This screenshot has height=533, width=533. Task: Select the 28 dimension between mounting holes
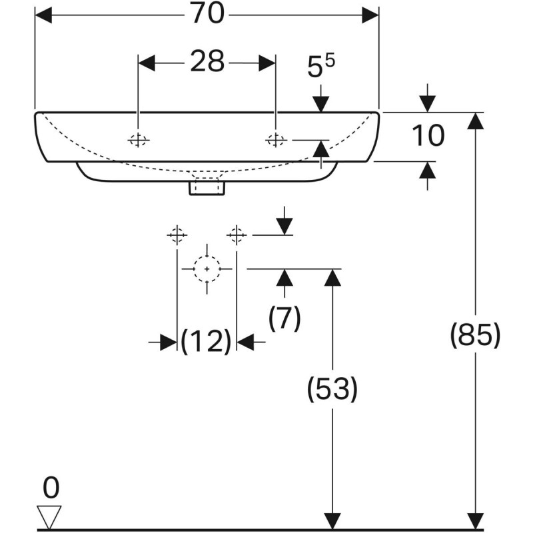[207, 62]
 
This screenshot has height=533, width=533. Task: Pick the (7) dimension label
[285, 318]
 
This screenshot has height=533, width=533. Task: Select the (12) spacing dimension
[207, 342]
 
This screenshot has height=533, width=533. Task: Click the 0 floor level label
[51, 488]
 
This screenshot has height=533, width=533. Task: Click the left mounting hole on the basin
[138, 140]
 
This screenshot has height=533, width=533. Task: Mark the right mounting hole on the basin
[275, 139]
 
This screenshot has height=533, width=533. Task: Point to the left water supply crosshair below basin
[177, 235]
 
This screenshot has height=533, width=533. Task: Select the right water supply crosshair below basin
[237, 235]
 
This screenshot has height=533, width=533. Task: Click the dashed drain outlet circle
[207, 268]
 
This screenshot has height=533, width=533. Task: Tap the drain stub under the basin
[207, 188]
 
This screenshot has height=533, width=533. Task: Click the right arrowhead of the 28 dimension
[267, 63]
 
